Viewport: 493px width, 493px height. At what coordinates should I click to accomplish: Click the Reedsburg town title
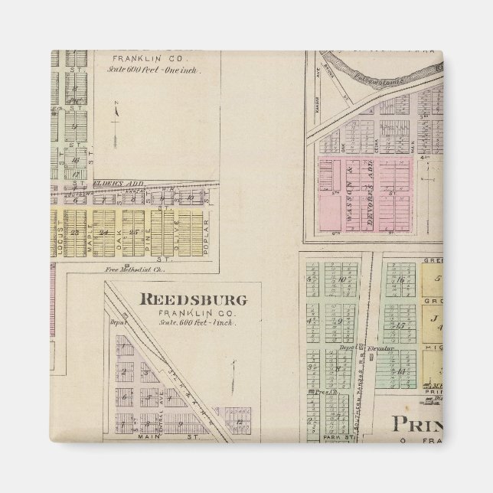193,299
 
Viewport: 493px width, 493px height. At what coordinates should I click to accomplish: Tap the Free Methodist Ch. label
128,269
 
